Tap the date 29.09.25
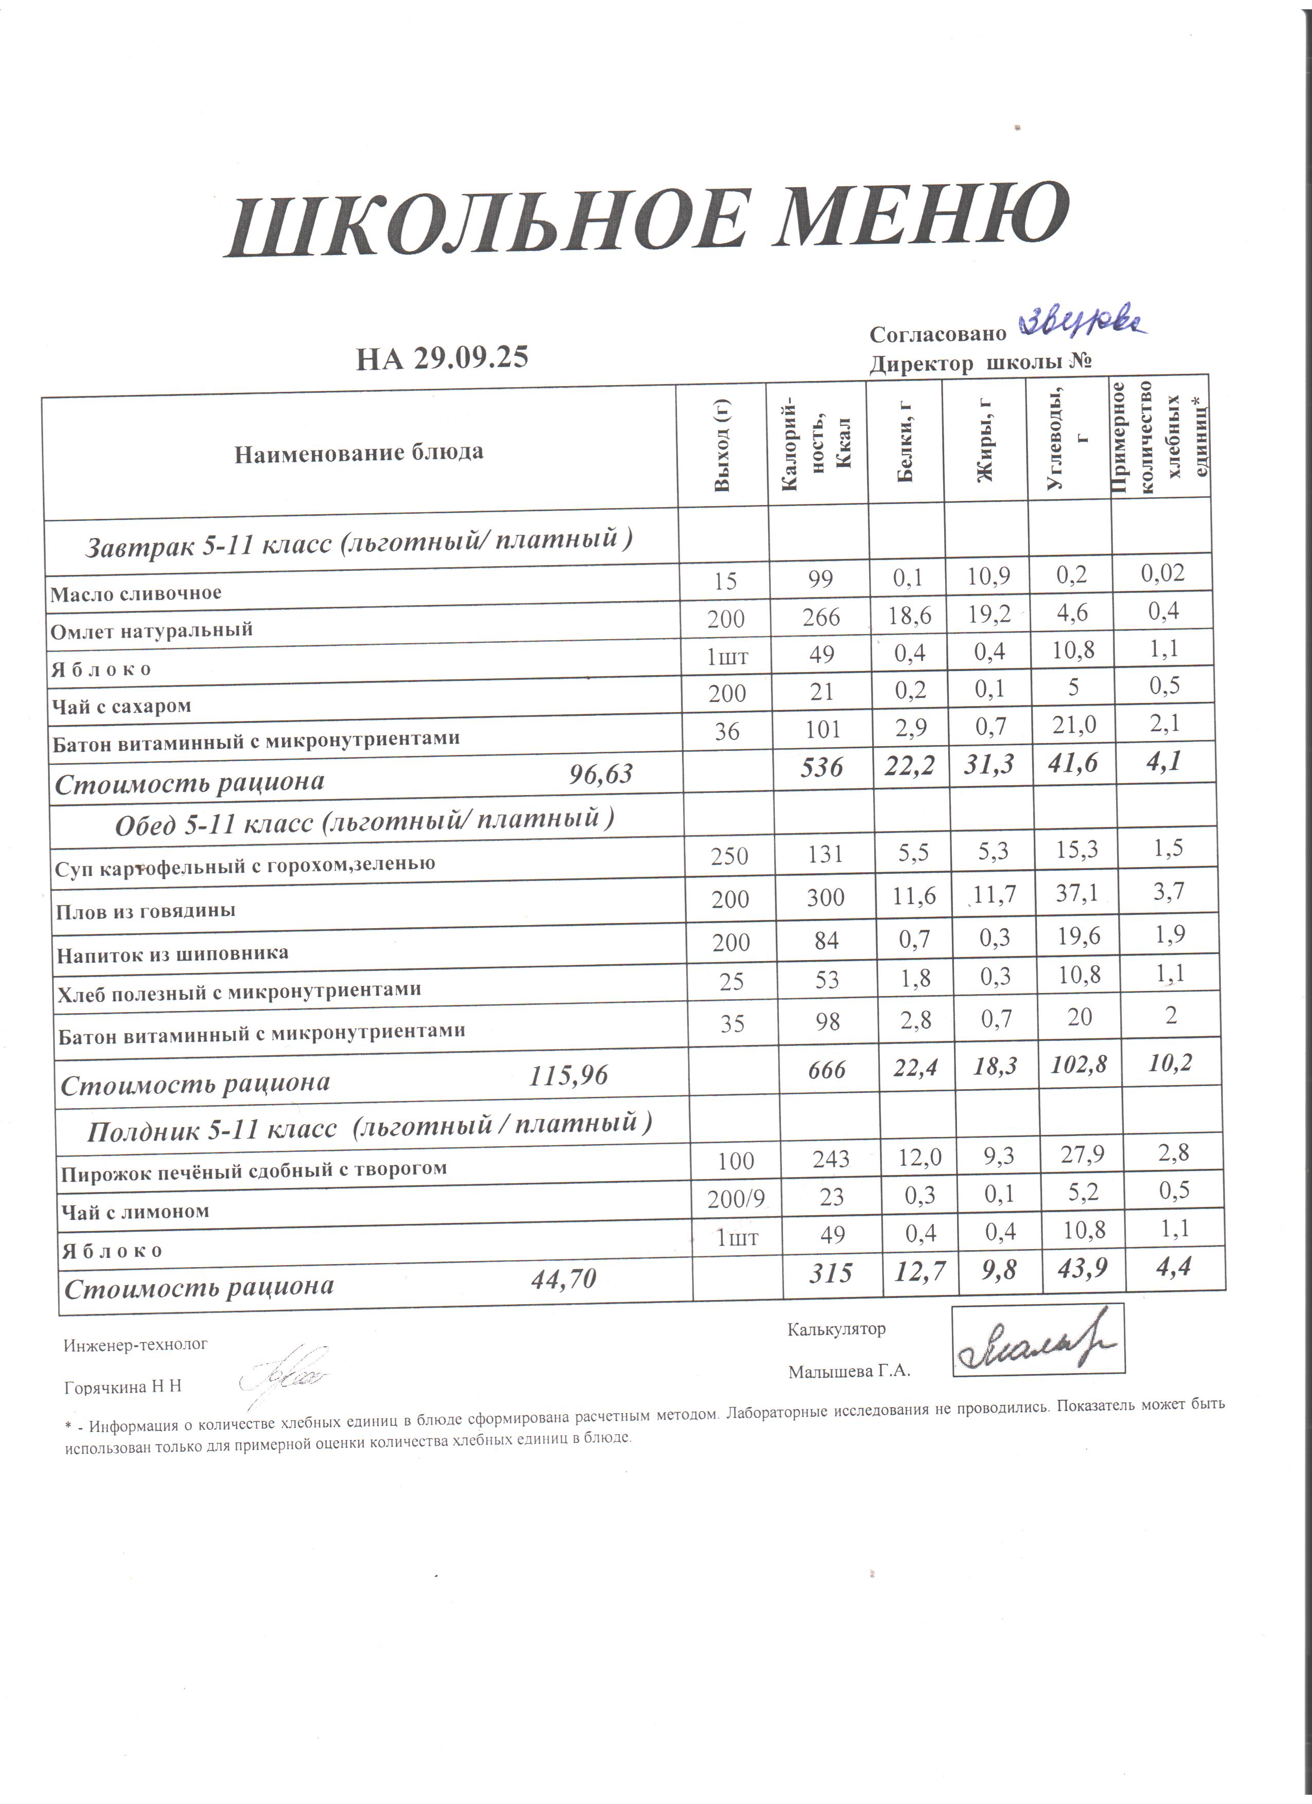click(x=471, y=357)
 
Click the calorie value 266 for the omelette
click(x=821, y=617)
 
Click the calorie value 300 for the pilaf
click(x=825, y=898)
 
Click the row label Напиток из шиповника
click(x=173, y=953)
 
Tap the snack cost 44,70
click(x=563, y=1278)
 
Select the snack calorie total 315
click(x=830, y=1273)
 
